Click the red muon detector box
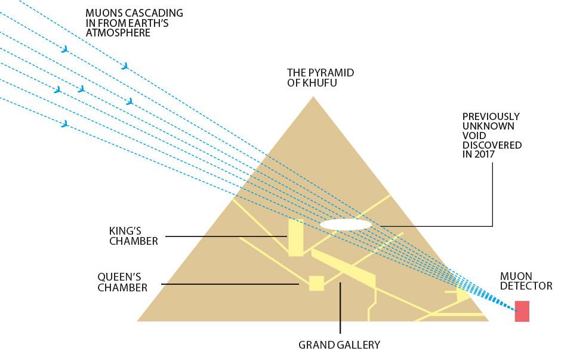click(x=522, y=311)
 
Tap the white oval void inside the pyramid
click(x=346, y=224)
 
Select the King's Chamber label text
click(x=134, y=236)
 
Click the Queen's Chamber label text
click(x=122, y=282)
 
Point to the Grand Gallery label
click(x=339, y=344)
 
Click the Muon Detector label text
click(x=526, y=281)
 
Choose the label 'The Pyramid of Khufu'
click(x=320, y=78)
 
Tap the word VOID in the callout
click(x=475, y=136)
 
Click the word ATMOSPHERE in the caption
click(x=118, y=33)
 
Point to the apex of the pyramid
click(x=313, y=97)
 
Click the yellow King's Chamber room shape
click(x=295, y=238)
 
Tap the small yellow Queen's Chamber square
click(x=316, y=283)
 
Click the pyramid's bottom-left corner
click(x=138, y=321)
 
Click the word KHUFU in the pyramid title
click(x=323, y=83)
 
